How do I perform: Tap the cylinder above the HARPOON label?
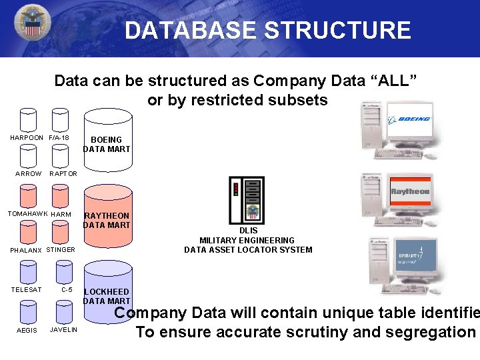(x=28, y=119)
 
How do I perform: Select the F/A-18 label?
(x=59, y=138)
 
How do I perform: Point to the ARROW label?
(x=29, y=173)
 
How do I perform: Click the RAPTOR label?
(x=63, y=173)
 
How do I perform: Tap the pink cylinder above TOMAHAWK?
(x=28, y=195)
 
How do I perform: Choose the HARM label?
(x=61, y=214)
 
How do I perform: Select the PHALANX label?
(x=26, y=251)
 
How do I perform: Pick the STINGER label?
(x=61, y=250)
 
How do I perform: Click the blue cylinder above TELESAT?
(x=28, y=271)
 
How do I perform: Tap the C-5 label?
(x=67, y=289)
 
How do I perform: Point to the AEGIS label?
(x=27, y=331)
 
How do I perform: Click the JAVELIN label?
(x=63, y=330)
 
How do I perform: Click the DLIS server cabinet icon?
(x=247, y=200)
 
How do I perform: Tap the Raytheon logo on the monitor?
(x=410, y=192)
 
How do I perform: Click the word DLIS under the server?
(x=248, y=231)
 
